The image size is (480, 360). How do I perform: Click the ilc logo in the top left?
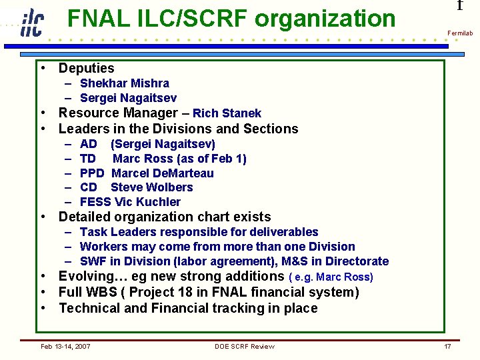[31, 23]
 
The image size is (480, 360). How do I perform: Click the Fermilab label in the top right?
[459, 33]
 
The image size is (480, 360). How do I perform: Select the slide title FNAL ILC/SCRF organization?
[231, 19]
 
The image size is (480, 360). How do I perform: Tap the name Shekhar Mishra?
[124, 83]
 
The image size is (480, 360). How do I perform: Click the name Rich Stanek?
[227, 113]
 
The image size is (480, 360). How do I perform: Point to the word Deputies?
[86, 68]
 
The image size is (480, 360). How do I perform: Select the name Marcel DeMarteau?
[162, 173]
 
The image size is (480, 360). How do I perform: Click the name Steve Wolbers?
[151, 187]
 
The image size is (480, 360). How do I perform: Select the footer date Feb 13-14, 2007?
[65, 346]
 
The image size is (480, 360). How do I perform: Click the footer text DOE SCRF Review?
[244, 346]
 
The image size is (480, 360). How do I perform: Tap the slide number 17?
[447, 346]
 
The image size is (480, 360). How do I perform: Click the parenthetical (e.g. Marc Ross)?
[331, 277]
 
